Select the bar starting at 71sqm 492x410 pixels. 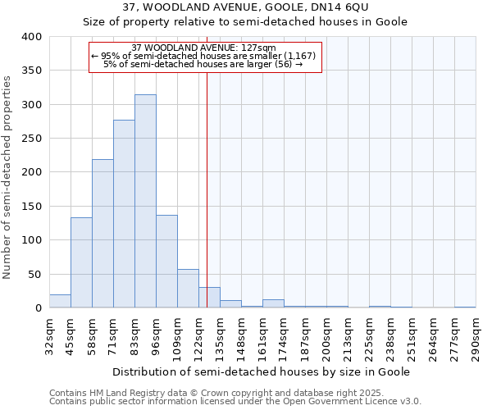pos(124,214)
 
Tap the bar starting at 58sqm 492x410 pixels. pos(102,234)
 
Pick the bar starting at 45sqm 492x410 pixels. pos(81,262)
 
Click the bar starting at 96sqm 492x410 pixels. pos(166,262)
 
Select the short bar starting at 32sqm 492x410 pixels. pos(60,301)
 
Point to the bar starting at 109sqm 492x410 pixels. pos(188,289)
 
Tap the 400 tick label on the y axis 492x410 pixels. pos(32,37)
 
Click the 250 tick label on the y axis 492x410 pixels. pos(32,139)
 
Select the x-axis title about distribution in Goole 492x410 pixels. pos(262,371)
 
